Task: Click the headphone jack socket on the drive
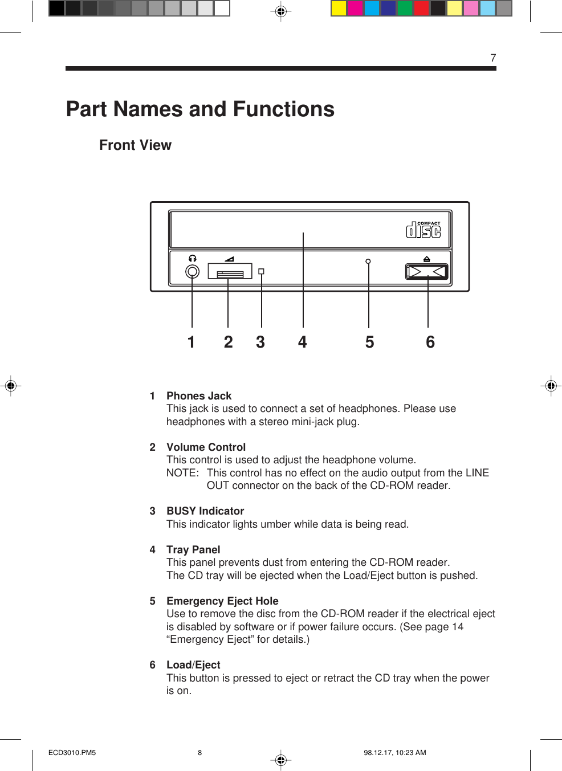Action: click(193, 272)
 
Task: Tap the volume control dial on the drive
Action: click(230, 272)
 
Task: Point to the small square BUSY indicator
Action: click(261, 271)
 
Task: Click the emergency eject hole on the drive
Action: click(368, 262)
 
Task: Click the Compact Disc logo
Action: click(423, 230)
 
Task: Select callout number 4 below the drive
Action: click(303, 342)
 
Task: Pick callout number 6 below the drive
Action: click(430, 342)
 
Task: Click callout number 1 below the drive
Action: click(192, 342)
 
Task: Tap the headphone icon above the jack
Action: click(193, 258)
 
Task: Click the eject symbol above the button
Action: click(427, 259)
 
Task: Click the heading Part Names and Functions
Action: click(200, 109)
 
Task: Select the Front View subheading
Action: click(135, 145)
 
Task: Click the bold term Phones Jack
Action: click(199, 395)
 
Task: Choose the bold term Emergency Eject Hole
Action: click(222, 601)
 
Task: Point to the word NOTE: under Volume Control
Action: click(182, 472)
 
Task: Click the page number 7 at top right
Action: click(493, 58)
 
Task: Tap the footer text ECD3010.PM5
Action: click(72, 752)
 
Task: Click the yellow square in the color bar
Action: click(339, 8)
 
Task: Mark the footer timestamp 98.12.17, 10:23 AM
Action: click(395, 752)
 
